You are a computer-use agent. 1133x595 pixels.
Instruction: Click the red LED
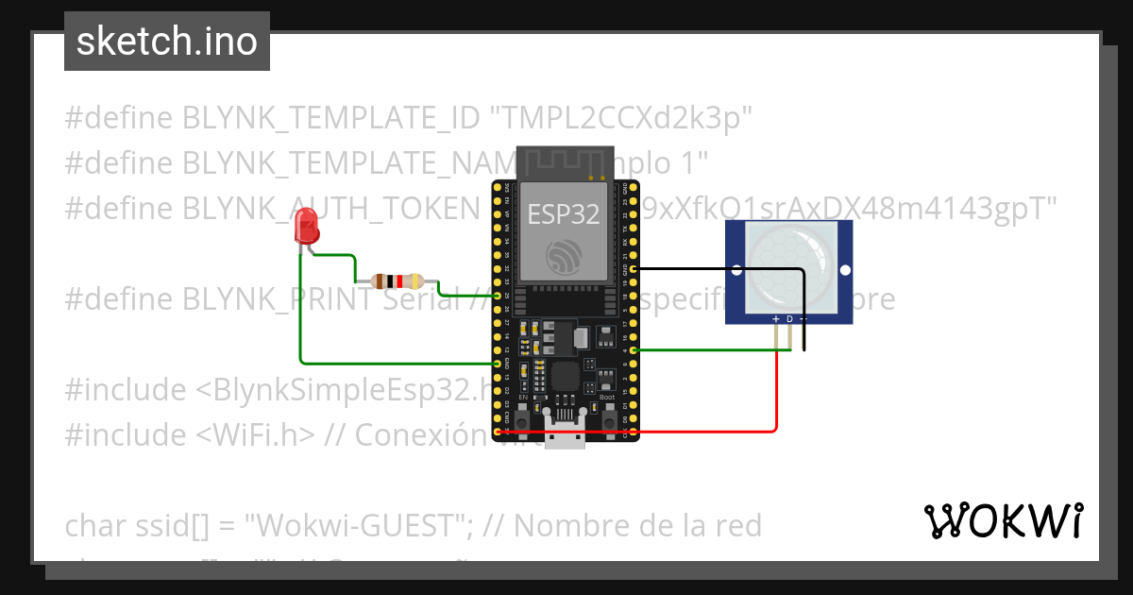click(x=306, y=228)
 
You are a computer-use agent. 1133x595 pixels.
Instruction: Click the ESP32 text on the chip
click(x=563, y=214)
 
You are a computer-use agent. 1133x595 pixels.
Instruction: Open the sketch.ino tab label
click(x=166, y=42)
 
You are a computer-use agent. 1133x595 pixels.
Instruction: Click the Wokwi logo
click(x=1003, y=520)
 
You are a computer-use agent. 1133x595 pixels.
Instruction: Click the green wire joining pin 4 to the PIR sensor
click(x=708, y=350)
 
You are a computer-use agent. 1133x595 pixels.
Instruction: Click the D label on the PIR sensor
click(x=789, y=319)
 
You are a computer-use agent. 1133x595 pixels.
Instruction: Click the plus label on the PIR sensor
click(x=776, y=319)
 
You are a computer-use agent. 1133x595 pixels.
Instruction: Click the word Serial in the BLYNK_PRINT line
click(x=423, y=300)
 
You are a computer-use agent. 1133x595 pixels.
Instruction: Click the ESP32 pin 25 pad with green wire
click(x=497, y=296)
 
